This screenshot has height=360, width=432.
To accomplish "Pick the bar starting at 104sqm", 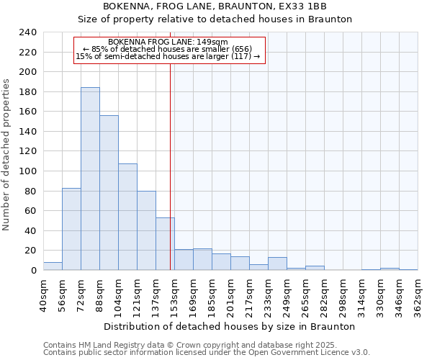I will click(127, 217).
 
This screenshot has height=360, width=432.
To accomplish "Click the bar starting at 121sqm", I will click(146, 230).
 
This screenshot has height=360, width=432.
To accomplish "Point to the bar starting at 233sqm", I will click(277, 264).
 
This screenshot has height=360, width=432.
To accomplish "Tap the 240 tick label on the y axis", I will click(28, 32).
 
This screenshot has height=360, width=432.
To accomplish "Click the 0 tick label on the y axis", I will click(33, 271).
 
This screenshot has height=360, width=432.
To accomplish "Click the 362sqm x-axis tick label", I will click(418, 294).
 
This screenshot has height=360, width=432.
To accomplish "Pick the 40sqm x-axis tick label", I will click(44, 294).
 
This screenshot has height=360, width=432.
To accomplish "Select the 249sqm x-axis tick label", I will click(287, 294).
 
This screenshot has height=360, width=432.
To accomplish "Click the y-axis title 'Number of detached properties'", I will click(6, 151).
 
